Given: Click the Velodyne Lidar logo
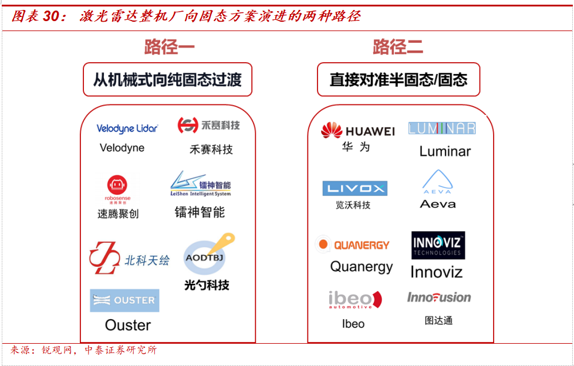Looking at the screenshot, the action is (127, 128).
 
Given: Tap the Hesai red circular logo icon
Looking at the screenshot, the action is (188, 125).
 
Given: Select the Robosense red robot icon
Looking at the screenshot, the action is (117, 185).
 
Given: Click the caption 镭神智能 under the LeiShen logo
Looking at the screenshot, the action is (200, 212).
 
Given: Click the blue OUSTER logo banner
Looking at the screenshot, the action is (124, 300).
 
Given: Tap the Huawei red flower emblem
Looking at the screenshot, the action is (331, 130).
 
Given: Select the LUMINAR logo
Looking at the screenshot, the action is (441, 128).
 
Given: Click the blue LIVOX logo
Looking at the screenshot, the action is (354, 188).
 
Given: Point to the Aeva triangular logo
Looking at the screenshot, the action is (437, 181).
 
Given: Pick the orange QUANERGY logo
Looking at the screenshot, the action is (354, 245).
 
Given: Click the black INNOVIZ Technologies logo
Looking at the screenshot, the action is (438, 245).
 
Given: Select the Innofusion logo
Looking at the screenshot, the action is (439, 297).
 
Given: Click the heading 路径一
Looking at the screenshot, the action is (169, 47).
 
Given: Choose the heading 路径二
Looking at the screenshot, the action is (397, 47).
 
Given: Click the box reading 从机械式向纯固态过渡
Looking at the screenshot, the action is (167, 79).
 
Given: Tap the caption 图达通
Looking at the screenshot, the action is (438, 320).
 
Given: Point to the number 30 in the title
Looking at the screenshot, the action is (50, 16).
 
